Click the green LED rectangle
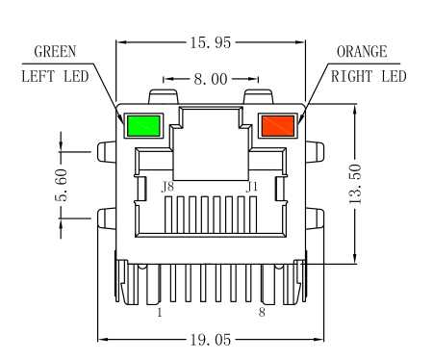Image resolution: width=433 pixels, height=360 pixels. (x=143, y=126)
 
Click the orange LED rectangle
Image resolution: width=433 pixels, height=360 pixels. (x=278, y=126)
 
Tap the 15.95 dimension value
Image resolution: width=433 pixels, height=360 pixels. (x=211, y=42)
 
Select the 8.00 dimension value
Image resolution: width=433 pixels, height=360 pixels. (x=211, y=79)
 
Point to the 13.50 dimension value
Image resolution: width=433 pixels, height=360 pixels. (x=355, y=184)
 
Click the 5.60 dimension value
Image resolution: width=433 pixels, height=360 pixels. (x=61, y=185)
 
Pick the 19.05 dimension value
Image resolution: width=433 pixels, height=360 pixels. (x=211, y=340)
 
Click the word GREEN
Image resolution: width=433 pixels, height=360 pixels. (x=55, y=52)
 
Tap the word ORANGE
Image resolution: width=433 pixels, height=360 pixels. (x=362, y=52)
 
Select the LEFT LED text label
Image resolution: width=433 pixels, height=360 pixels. (x=55, y=77)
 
